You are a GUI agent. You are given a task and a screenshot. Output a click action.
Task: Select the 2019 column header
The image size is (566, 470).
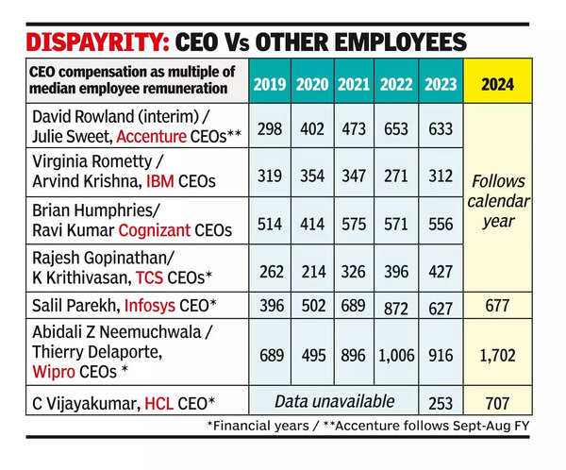[269, 83]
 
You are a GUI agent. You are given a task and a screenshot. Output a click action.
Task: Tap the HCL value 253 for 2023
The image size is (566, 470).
[441, 403]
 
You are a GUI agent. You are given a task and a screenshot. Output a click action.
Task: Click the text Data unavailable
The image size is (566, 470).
[334, 402]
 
